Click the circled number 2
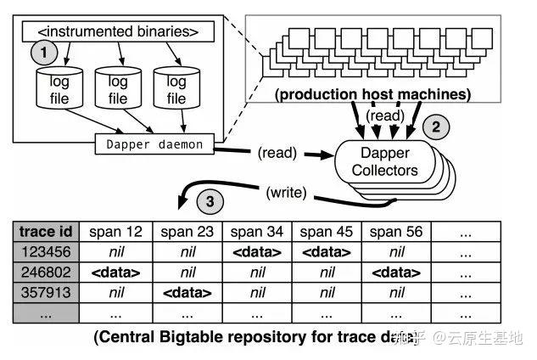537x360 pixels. tap(435, 128)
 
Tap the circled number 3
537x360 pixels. tap(211, 203)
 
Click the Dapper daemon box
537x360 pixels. tap(154, 144)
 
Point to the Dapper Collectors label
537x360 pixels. tap(386, 161)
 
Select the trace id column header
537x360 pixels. tap(47, 232)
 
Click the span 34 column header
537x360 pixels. tap(256, 232)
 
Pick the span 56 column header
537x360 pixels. tap(396, 232)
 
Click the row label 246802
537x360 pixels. tap(47, 272)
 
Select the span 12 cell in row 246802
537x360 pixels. tap(116, 272)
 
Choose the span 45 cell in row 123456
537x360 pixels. tap(327, 251)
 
